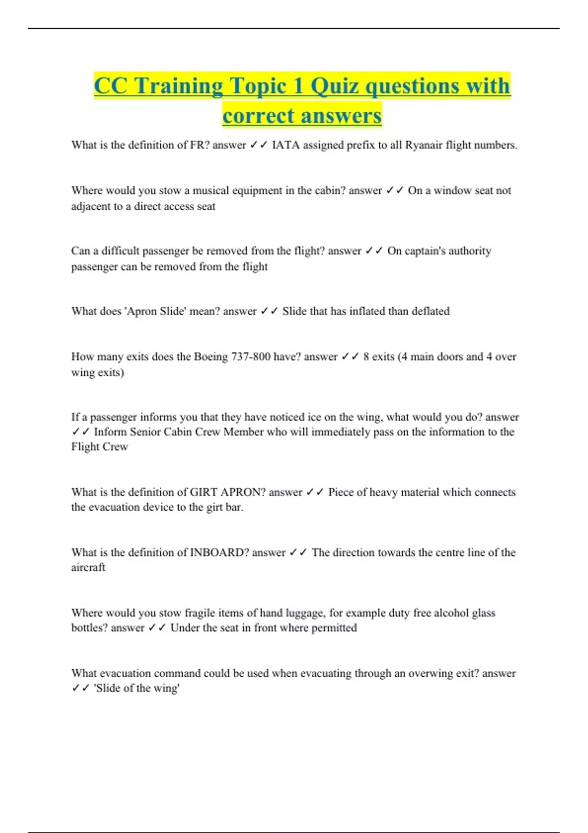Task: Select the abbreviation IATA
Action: click(286, 145)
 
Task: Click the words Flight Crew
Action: click(99, 447)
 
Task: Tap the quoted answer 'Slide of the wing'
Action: click(137, 688)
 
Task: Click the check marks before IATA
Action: click(258, 145)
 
